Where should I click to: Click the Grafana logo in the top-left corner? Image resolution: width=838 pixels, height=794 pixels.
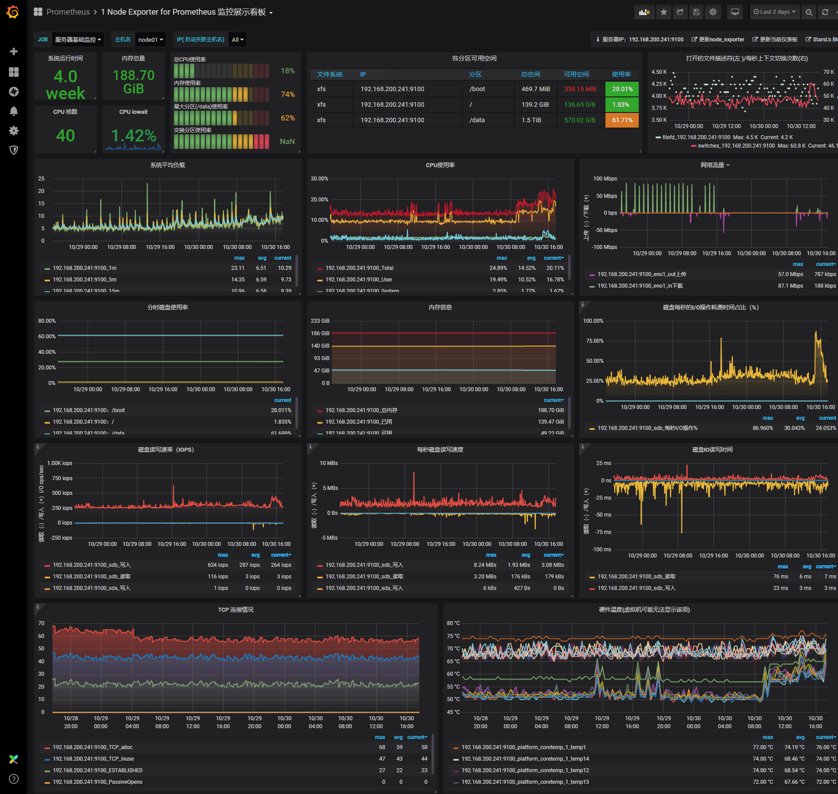coord(13,12)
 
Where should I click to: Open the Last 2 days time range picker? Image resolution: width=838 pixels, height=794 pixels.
coord(774,12)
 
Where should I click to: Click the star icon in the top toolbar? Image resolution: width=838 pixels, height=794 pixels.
coord(664,12)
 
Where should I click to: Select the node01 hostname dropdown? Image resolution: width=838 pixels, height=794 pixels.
coord(150,40)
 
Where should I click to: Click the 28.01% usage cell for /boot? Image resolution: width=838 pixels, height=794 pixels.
coord(622,89)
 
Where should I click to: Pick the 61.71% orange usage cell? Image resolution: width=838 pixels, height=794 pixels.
coord(622,120)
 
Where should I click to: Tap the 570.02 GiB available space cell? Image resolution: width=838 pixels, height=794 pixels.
coord(579,120)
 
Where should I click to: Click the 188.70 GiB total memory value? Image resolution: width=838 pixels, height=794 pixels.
coord(133,82)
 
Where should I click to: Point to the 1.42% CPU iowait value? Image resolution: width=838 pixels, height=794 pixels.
coord(133,136)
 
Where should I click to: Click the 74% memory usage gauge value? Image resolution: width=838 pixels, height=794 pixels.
coord(287,94)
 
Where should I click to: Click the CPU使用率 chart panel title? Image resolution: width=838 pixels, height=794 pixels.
coord(440,165)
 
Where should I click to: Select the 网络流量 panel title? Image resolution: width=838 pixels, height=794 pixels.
coord(713,165)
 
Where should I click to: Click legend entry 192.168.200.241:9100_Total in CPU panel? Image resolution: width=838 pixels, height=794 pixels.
coord(359,268)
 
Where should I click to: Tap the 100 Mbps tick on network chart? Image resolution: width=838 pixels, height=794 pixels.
coord(605,179)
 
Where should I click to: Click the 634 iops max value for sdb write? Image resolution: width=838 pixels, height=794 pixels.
coord(218,565)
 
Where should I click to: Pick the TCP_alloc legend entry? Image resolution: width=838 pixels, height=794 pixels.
coord(93,747)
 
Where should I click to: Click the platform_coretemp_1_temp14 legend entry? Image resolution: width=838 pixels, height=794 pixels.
coord(525,759)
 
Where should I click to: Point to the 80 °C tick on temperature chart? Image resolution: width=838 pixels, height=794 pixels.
coord(453,623)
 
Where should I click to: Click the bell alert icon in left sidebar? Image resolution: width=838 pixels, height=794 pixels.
coord(14,111)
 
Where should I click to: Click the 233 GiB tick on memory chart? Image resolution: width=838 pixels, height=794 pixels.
coord(320,321)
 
